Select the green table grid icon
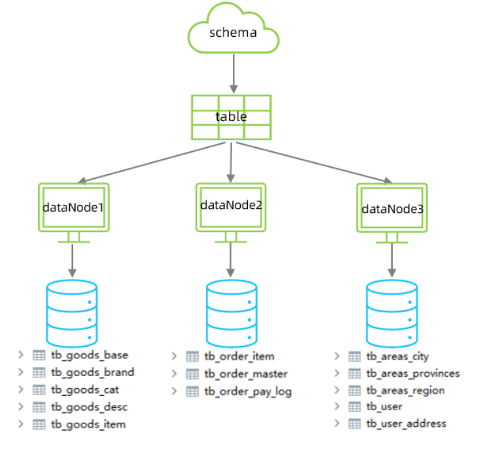click(231, 117)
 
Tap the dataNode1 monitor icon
click(73, 208)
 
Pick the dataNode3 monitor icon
click(392, 210)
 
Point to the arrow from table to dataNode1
click(145, 162)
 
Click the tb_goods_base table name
click(89, 355)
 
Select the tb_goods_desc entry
click(89, 407)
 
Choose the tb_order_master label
click(245, 374)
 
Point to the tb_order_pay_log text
click(247, 391)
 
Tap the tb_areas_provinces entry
click(412, 373)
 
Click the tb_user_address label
click(406, 423)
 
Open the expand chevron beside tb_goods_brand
click(22, 373)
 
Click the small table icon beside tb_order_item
click(192, 356)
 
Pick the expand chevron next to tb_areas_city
click(337, 356)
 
